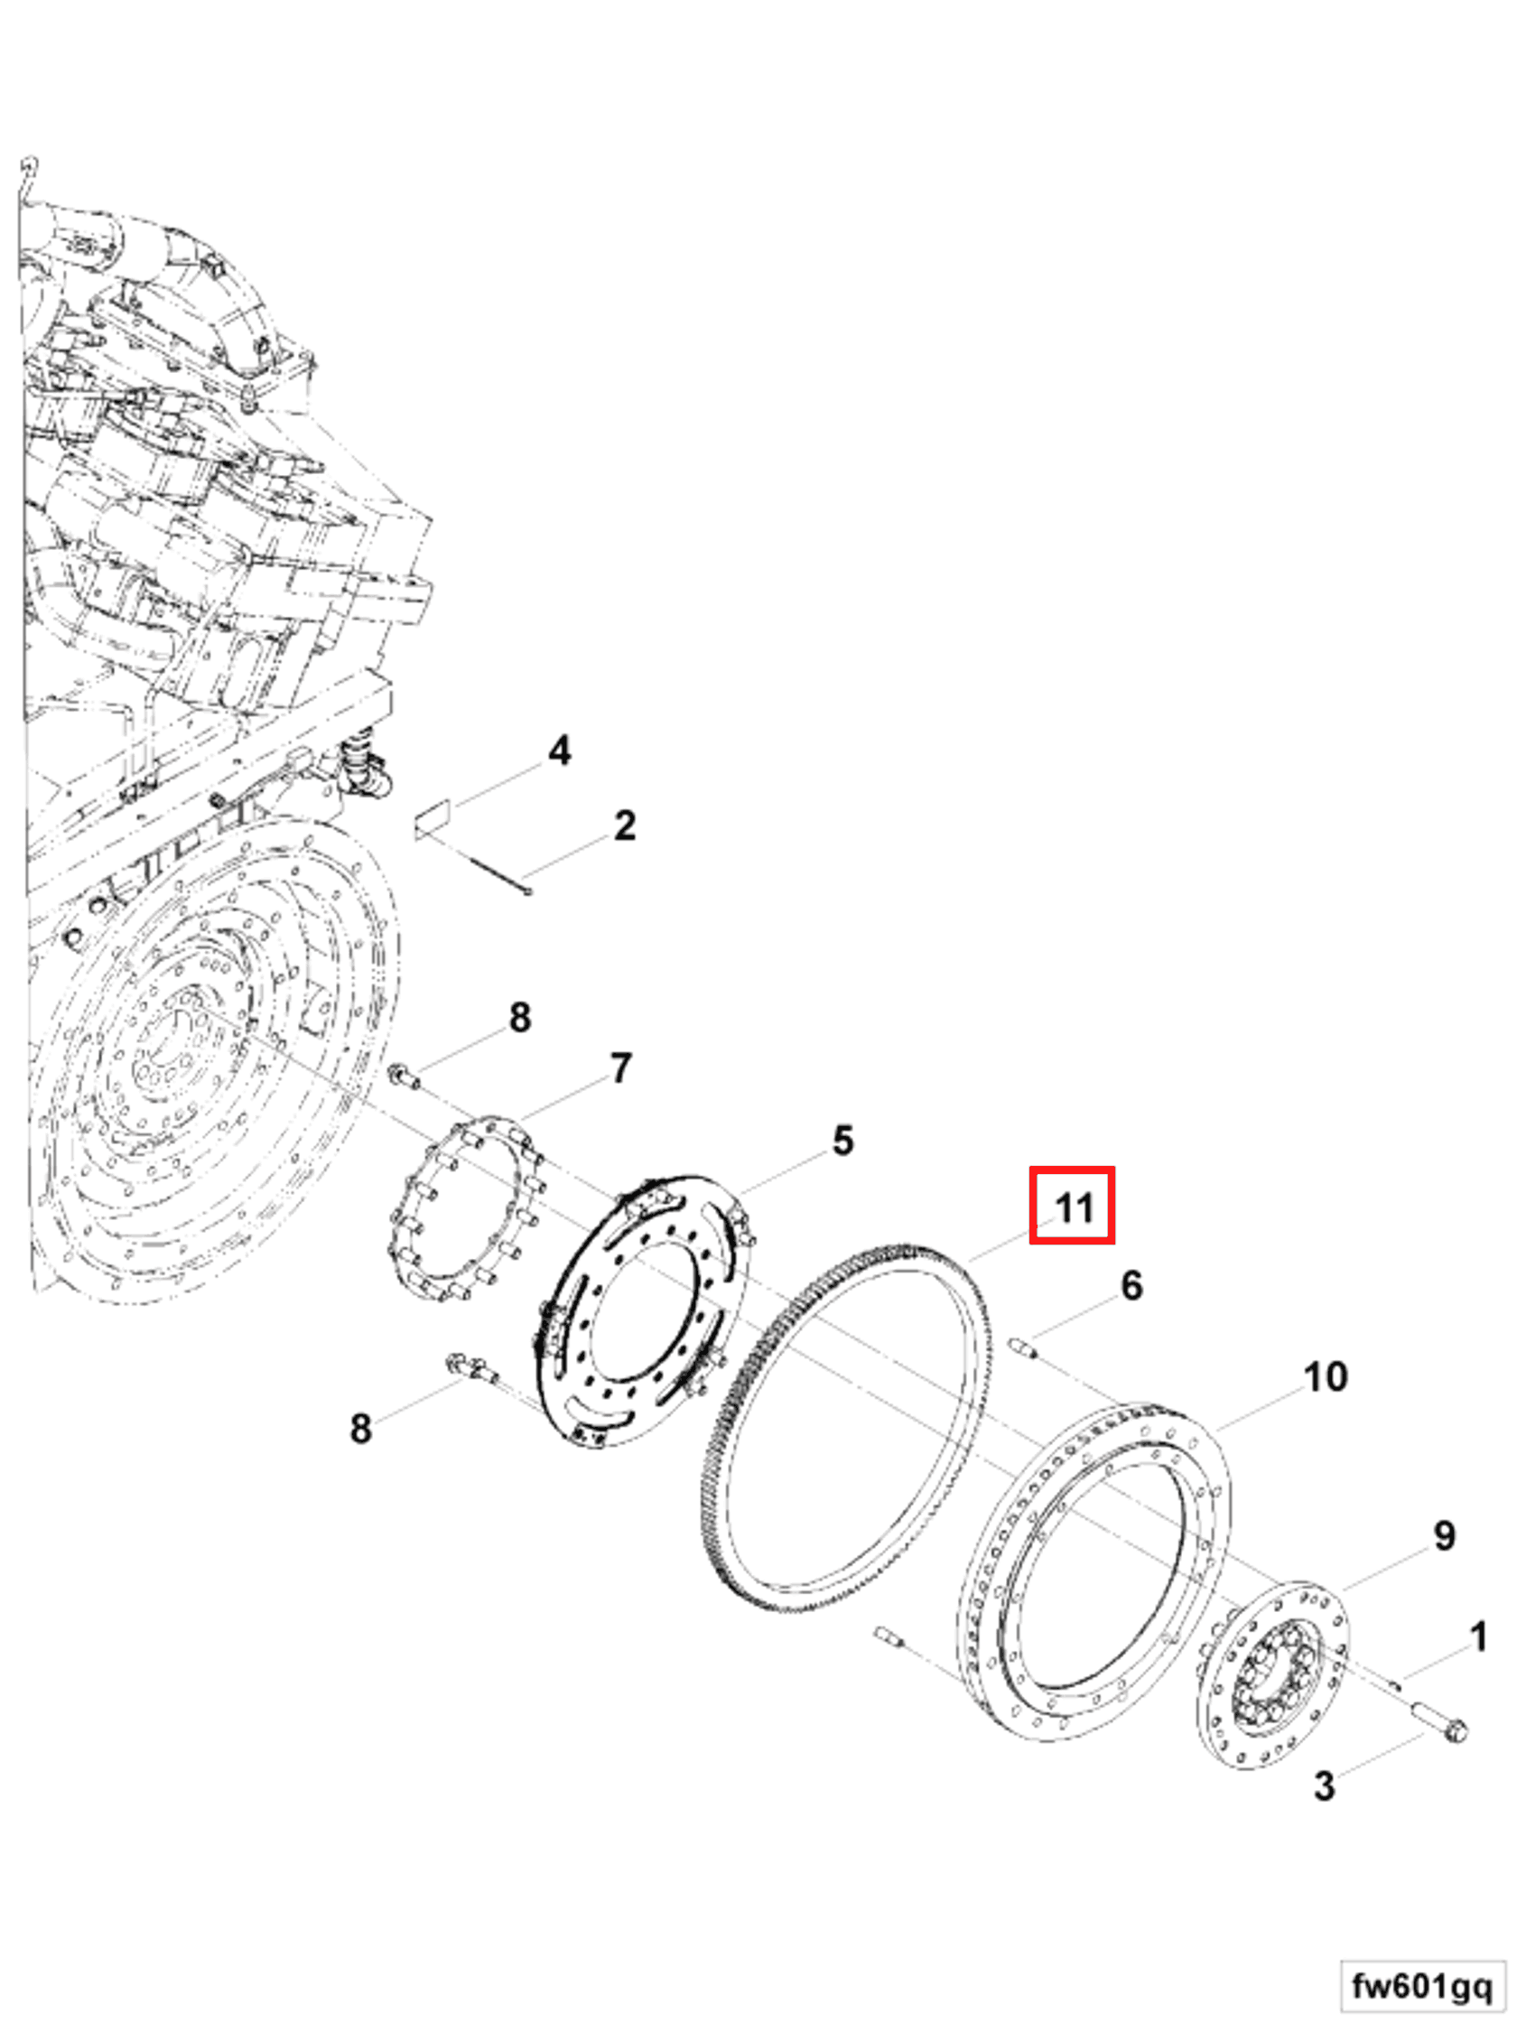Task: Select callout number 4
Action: pos(559,750)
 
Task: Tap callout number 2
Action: pos(624,825)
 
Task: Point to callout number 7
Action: pos(621,1068)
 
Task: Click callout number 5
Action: pos(842,1141)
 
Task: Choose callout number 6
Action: pos(1131,1286)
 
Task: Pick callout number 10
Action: pos(1325,1376)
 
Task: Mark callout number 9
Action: pos(1444,1535)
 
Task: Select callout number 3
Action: pos(1324,1785)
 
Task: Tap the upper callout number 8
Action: pos(519,1017)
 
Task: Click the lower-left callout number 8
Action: pos(361,1428)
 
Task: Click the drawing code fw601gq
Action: pos(1421,1985)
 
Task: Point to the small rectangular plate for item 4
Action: pos(433,816)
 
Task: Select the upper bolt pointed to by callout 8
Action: pos(404,1077)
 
